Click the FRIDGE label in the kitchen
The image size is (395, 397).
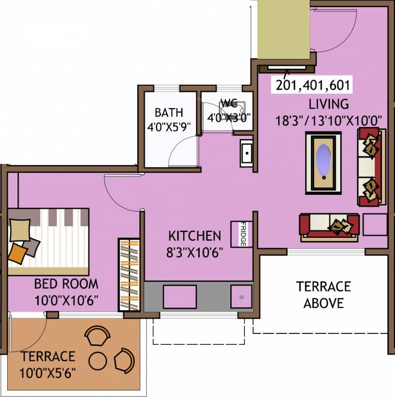click(x=243, y=234)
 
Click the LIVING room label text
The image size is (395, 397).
click(x=329, y=104)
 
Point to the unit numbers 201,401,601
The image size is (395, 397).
click(x=313, y=85)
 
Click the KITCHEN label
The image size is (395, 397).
click(x=195, y=236)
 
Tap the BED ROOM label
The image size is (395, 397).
click(x=66, y=284)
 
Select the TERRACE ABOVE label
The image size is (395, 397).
click(x=323, y=294)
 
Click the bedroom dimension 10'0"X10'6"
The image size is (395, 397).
click(x=66, y=300)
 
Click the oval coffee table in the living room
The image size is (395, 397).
click(x=323, y=163)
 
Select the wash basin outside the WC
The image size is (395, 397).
click(x=246, y=154)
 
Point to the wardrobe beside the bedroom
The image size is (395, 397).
click(x=129, y=274)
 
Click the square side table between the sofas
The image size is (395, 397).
click(x=375, y=224)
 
